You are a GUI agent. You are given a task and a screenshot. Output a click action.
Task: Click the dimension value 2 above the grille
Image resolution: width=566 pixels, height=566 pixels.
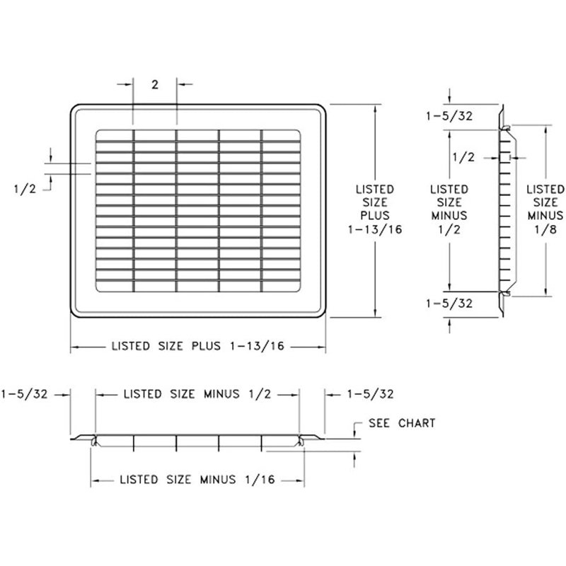click(x=155, y=85)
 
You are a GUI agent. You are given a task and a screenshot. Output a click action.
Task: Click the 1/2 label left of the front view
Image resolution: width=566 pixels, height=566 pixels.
click(x=25, y=189)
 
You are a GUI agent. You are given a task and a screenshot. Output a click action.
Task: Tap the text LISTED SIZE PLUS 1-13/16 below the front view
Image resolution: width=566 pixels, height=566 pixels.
click(x=198, y=346)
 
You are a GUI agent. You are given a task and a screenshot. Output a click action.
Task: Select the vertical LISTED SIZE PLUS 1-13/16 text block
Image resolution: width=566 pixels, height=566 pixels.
click(x=375, y=209)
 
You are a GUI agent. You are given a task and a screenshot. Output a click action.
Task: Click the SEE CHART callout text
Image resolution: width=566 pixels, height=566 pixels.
click(x=402, y=423)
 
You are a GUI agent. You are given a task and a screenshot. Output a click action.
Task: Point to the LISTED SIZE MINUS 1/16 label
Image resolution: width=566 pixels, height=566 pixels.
click(x=197, y=480)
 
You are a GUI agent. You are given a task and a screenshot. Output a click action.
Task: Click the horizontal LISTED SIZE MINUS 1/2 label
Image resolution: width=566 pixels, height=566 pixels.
click(x=197, y=394)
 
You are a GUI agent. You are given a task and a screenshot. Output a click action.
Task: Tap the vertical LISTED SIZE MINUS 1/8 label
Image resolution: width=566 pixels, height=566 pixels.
click(x=545, y=209)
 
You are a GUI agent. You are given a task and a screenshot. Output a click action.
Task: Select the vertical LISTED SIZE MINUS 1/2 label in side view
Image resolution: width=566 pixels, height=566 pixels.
click(x=449, y=209)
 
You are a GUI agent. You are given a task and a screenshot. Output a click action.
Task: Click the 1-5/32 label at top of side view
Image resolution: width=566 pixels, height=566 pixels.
click(x=449, y=116)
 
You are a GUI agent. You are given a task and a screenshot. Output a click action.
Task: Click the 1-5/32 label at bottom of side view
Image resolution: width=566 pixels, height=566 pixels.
click(x=449, y=304)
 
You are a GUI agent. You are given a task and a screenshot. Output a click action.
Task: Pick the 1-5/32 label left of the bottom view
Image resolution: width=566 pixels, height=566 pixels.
click(x=25, y=394)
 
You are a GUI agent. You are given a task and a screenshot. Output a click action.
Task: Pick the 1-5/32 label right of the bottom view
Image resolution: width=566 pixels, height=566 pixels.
click(x=370, y=394)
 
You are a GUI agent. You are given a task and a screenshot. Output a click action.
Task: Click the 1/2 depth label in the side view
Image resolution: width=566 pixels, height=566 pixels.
click(x=463, y=157)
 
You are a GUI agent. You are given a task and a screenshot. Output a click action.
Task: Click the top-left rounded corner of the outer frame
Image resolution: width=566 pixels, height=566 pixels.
click(x=74, y=108)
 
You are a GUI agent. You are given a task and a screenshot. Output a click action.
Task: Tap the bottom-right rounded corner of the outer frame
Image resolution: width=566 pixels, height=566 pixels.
click(x=323, y=314)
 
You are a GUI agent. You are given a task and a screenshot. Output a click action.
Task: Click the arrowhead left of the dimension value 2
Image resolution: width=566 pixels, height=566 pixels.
click(x=129, y=84)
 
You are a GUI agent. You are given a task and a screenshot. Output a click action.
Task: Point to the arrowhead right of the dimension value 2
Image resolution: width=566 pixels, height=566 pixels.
click(x=181, y=84)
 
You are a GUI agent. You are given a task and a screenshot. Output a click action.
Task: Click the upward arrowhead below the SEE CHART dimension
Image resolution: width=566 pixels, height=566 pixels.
click(x=355, y=456)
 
